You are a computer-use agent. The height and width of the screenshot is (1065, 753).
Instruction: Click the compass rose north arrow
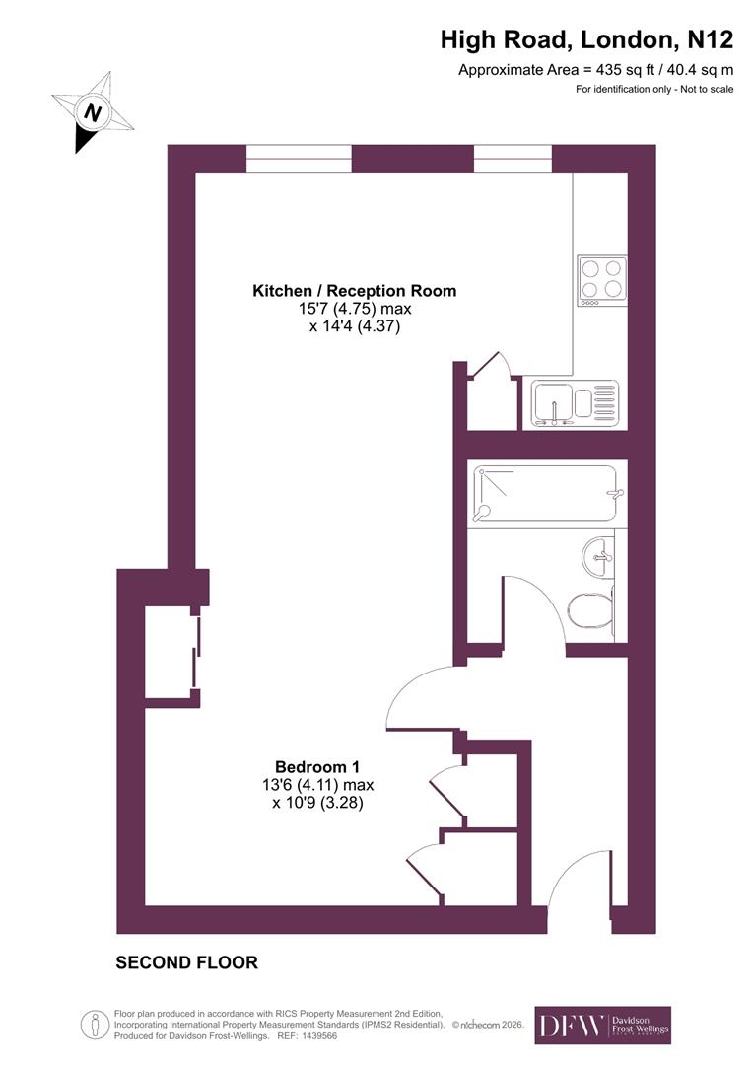click(x=92, y=112)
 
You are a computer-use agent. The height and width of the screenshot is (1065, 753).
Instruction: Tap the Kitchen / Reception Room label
click(x=355, y=291)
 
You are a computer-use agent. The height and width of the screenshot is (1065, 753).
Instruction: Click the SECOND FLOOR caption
click(x=187, y=962)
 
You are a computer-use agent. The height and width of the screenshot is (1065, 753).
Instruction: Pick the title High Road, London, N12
click(x=586, y=40)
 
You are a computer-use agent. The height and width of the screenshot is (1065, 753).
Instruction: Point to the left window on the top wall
click(x=299, y=159)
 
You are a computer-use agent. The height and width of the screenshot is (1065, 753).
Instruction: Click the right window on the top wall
click(x=513, y=159)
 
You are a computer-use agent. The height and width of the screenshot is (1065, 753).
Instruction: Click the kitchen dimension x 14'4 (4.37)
click(x=355, y=326)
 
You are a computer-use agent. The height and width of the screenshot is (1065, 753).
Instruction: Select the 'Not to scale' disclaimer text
click(x=655, y=90)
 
